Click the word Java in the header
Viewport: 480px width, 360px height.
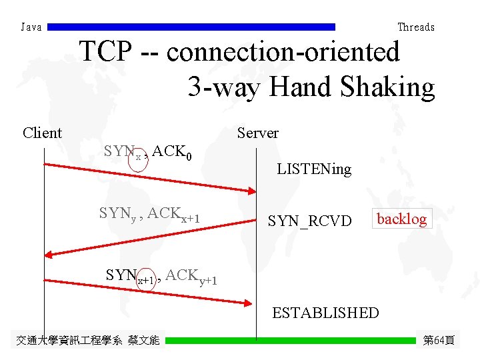(x=31, y=27)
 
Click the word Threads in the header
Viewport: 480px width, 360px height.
(x=415, y=27)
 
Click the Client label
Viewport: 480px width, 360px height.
(x=42, y=133)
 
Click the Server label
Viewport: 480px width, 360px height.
(x=258, y=133)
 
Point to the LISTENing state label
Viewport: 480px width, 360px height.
(x=314, y=169)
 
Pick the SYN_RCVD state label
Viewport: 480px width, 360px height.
(x=309, y=220)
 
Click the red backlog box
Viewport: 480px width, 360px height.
(x=401, y=219)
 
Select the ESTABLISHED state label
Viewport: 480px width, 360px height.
(x=325, y=313)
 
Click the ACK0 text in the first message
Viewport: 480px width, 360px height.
(x=175, y=153)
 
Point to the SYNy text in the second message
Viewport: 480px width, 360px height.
(x=117, y=214)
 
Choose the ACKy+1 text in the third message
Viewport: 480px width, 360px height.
(x=191, y=276)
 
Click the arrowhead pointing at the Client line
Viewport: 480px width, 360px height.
(x=49, y=254)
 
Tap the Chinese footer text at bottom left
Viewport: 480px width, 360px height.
(x=87, y=341)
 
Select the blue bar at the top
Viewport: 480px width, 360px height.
(x=192, y=27)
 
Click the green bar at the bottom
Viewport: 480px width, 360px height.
(x=290, y=341)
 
